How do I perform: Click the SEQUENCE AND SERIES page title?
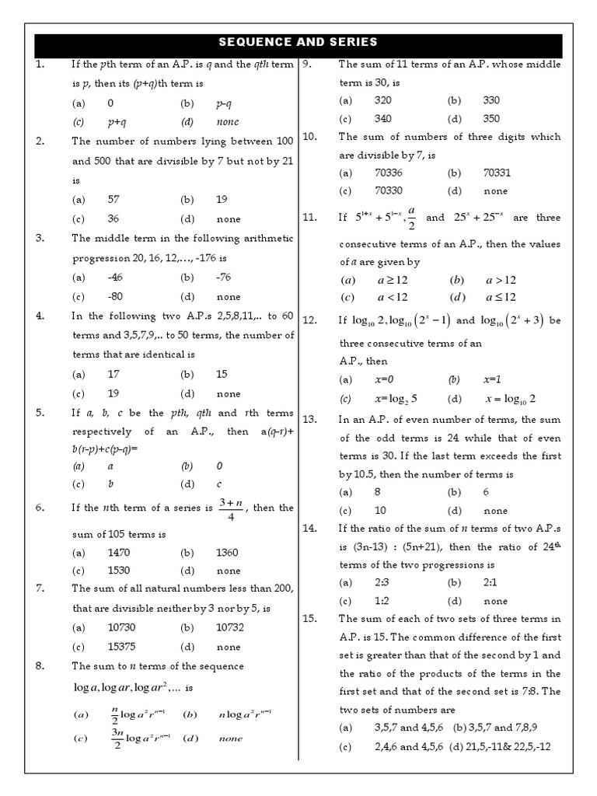(298, 42)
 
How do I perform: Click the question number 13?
(310, 419)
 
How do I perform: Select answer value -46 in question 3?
(114, 277)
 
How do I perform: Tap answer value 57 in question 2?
(113, 199)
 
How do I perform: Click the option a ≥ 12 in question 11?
(392, 280)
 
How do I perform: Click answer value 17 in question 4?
(113, 374)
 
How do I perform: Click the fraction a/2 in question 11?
(411, 218)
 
